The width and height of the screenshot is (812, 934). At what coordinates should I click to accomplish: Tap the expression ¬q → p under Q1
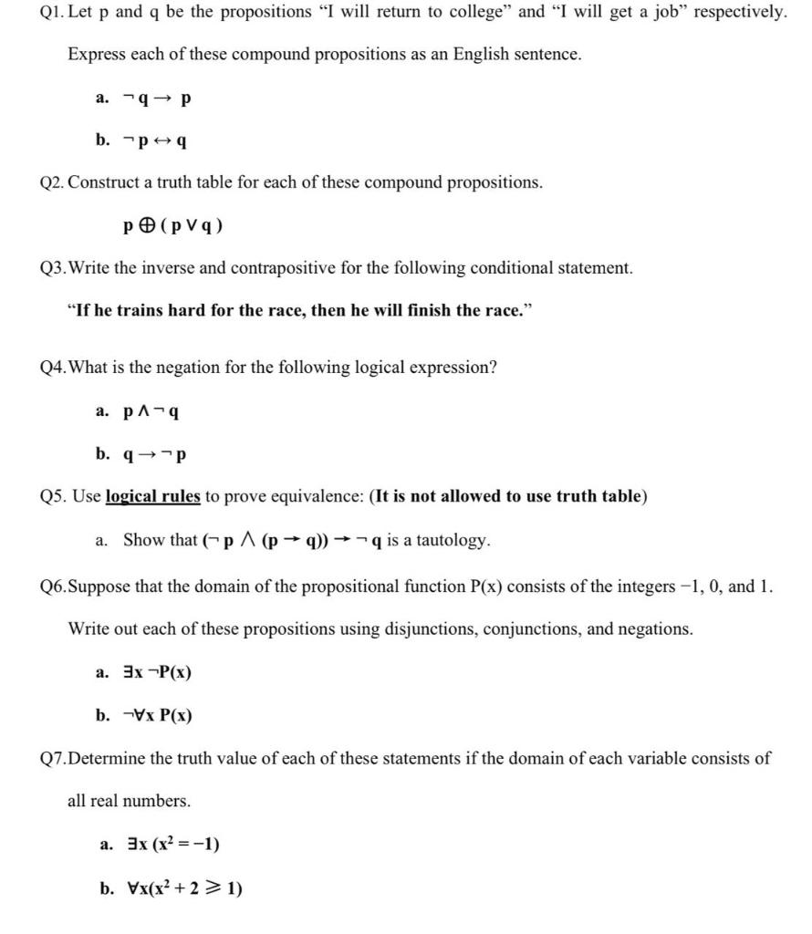point(158,98)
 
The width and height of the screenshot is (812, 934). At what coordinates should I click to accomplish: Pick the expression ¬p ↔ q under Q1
point(156,140)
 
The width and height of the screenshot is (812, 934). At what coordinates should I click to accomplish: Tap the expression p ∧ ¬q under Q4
point(151,411)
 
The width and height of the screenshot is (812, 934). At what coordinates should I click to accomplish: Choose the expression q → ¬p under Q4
point(154,453)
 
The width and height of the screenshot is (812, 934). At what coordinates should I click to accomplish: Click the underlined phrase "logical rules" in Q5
point(152,496)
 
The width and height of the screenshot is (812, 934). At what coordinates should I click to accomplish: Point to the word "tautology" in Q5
point(453,540)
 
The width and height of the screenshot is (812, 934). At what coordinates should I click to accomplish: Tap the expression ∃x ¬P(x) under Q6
point(157,673)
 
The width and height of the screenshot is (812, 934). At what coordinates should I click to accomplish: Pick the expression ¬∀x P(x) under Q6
point(157,715)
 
